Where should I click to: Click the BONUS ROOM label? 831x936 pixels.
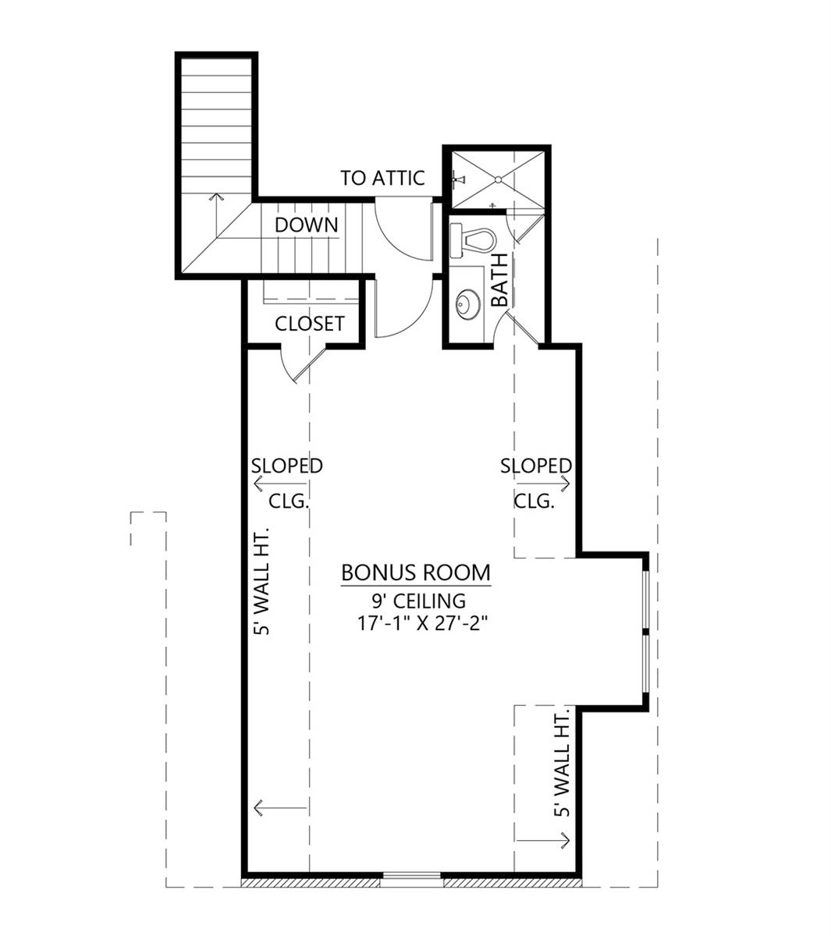416,573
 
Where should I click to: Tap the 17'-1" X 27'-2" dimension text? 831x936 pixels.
415,623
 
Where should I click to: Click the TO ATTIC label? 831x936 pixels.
382,178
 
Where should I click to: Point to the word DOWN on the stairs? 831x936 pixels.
306,225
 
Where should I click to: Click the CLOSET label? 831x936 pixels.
309,323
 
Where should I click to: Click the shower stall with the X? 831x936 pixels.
496,179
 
